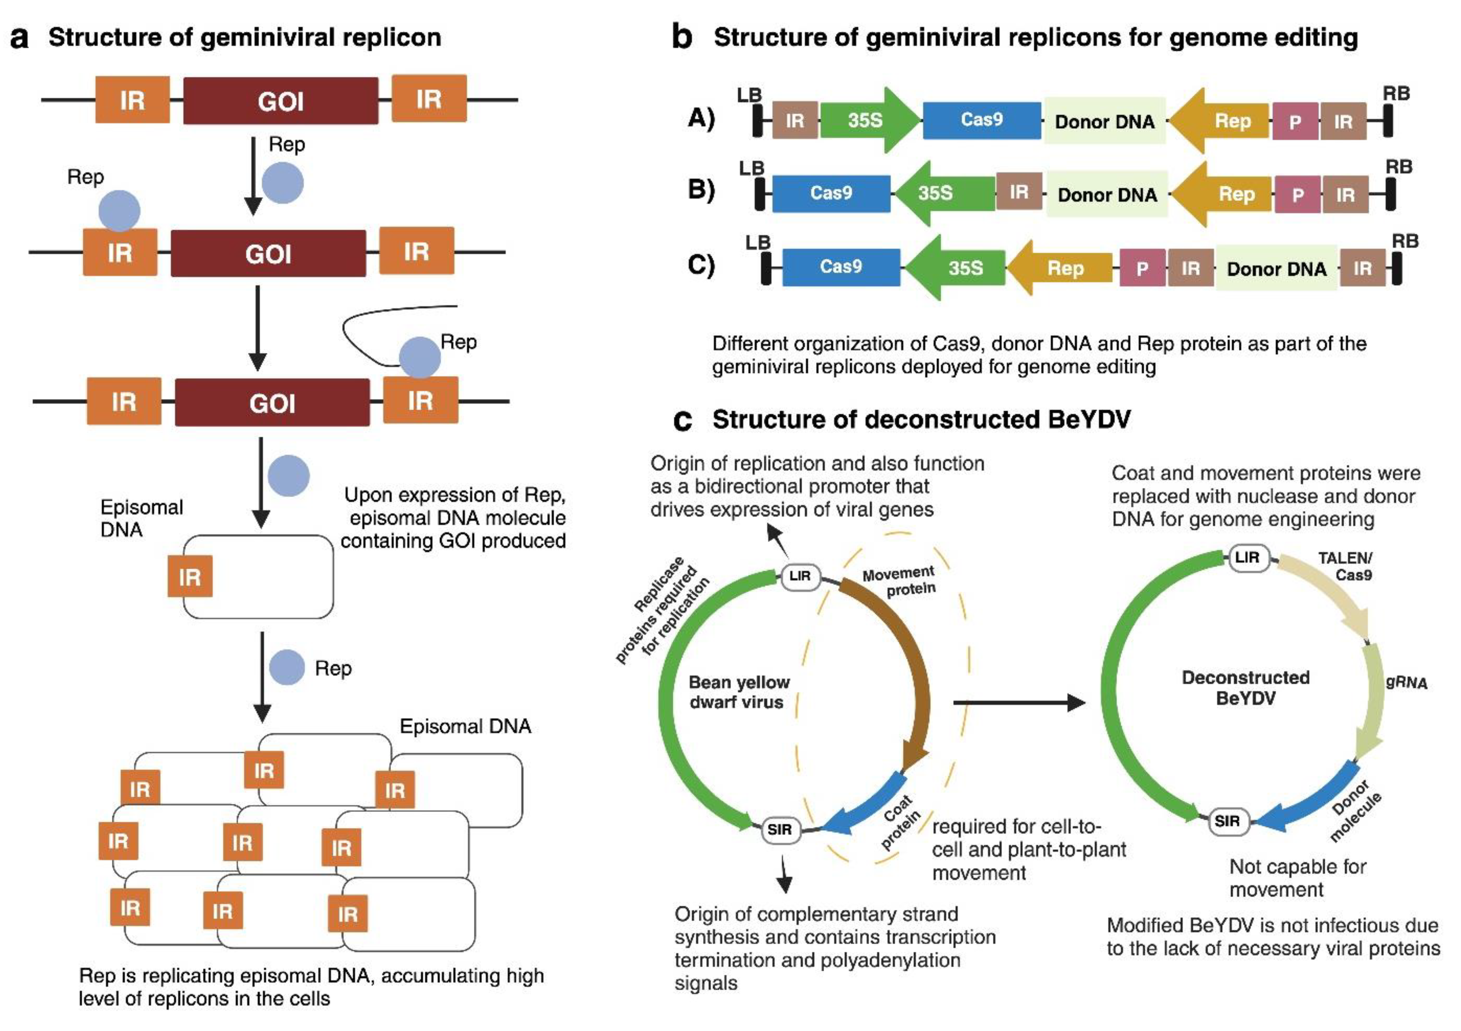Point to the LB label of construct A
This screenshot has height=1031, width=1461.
tap(750, 95)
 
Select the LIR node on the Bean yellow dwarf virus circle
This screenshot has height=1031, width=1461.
tap(800, 576)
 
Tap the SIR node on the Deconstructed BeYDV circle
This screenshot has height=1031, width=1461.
tap(1227, 821)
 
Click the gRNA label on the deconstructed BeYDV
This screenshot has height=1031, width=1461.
tap(1406, 682)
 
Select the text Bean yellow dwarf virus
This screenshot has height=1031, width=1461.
tap(739, 692)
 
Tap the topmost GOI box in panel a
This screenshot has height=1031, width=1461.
tap(281, 101)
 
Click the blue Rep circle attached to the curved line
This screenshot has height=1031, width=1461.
tap(419, 358)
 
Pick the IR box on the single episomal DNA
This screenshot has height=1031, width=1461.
tap(189, 577)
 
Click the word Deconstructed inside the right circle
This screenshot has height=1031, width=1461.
tap(1245, 677)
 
